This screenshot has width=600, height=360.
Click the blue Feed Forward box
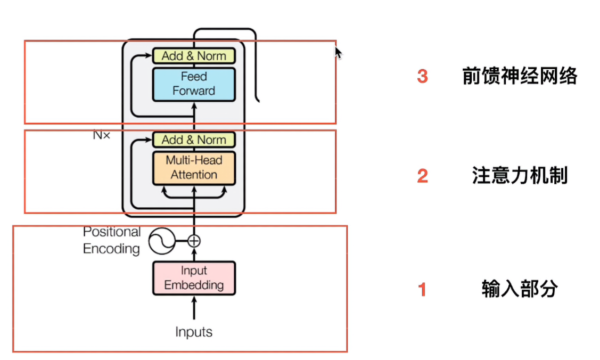(x=194, y=84)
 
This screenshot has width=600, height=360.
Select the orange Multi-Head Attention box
(x=194, y=168)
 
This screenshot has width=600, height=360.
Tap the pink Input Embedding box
(x=194, y=278)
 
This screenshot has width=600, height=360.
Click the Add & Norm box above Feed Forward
(x=194, y=56)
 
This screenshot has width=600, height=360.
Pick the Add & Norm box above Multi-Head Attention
(x=194, y=140)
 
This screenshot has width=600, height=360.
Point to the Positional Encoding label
(x=112, y=240)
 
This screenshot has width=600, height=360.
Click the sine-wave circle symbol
(x=162, y=241)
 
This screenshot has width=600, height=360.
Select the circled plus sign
(x=194, y=241)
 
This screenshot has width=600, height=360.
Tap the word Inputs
(x=194, y=332)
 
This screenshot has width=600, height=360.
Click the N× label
(x=101, y=135)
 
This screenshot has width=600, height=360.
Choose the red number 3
(x=422, y=77)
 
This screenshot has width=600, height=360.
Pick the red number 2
(x=422, y=176)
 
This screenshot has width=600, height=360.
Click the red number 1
(x=422, y=290)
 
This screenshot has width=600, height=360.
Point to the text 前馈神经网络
(x=520, y=77)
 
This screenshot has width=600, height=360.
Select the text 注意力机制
(x=520, y=176)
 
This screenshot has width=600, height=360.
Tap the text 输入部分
(x=520, y=290)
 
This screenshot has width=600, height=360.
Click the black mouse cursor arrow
(x=338, y=53)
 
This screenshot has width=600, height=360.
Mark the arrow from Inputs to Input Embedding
(x=194, y=308)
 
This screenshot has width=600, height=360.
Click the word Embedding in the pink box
(x=194, y=285)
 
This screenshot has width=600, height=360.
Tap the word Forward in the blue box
(x=194, y=91)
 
